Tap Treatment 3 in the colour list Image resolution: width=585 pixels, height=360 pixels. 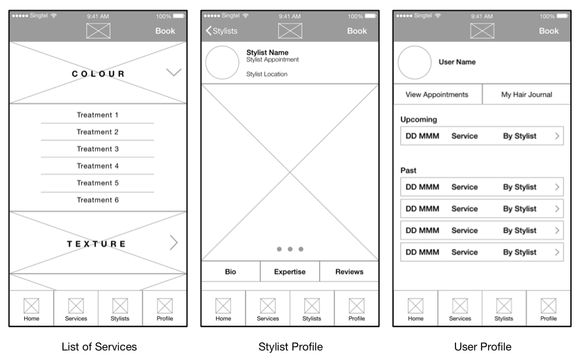pyautogui.click(x=98, y=149)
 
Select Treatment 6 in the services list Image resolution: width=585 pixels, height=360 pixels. pyautogui.click(x=98, y=200)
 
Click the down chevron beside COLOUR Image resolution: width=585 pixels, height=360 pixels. pyautogui.click(x=174, y=72)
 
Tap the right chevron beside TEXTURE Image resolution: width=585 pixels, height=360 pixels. pyautogui.click(x=174, y=243)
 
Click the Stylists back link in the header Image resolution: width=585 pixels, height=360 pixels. pyautogui.click(x=222, y=31)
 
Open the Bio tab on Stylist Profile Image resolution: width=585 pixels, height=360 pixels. pyautogui.click(x=231, y=272)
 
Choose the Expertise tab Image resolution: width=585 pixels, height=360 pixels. pyautogui.click(x=290, y=272)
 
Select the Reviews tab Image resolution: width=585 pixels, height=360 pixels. pyautogui.click(x=349, y=272)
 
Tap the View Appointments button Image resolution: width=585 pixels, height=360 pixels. pyautogui.click(x=437, y=95)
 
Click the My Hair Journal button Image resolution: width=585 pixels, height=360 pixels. pyautogui.click(x=527, y=95)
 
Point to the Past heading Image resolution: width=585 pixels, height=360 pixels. pyautogui.click(x=408, y=171)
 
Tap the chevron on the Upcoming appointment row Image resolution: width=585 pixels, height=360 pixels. pyautogui.click(x=557, y=136)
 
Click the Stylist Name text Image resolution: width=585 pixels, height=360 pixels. pyautogui.click(x=267, y=53)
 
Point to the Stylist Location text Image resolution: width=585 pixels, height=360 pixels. pyautogui.click(x=267, y=74)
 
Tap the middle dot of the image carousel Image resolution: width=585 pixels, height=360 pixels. pyautogui.click(x=290, y=249)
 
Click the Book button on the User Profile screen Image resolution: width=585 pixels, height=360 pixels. pyautogui.click(x=549, y=31)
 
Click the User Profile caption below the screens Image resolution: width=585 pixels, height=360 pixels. pyautogui.click(x=483, y=347)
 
